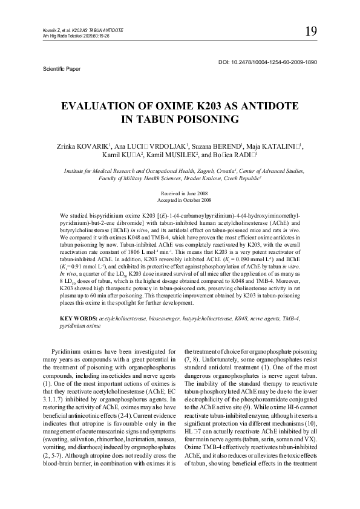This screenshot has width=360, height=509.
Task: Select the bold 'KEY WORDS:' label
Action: pos(79,318)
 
